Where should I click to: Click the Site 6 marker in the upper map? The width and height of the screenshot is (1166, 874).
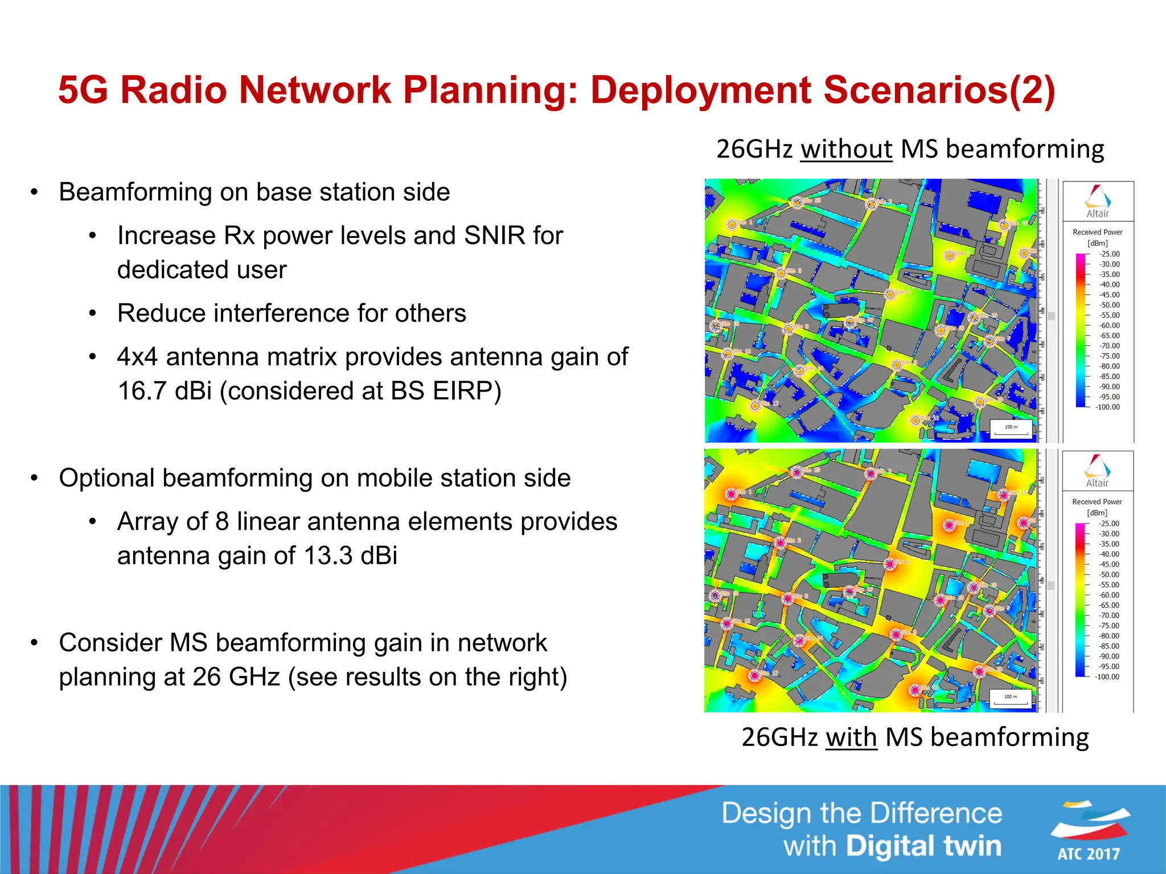click(890, 294)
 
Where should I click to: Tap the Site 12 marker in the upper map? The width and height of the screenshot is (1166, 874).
click(755, 406)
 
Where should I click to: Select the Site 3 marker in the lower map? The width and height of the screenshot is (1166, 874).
click(949, 525)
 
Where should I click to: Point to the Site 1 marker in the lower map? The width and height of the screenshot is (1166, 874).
click(732, 494)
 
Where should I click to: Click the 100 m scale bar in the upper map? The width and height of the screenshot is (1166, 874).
click(1011, 428)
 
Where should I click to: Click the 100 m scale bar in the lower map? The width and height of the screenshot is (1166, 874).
click(1011, 698)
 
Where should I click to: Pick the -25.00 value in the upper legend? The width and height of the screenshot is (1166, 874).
click(1109, 254)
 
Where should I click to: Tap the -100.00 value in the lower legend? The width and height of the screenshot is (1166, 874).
click(1107, 677)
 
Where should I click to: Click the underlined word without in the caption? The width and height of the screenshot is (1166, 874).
click(846, 149)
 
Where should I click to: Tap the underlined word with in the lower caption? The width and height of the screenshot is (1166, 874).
click(851, 737)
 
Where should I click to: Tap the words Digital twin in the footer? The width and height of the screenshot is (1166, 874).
click(923, 846)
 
